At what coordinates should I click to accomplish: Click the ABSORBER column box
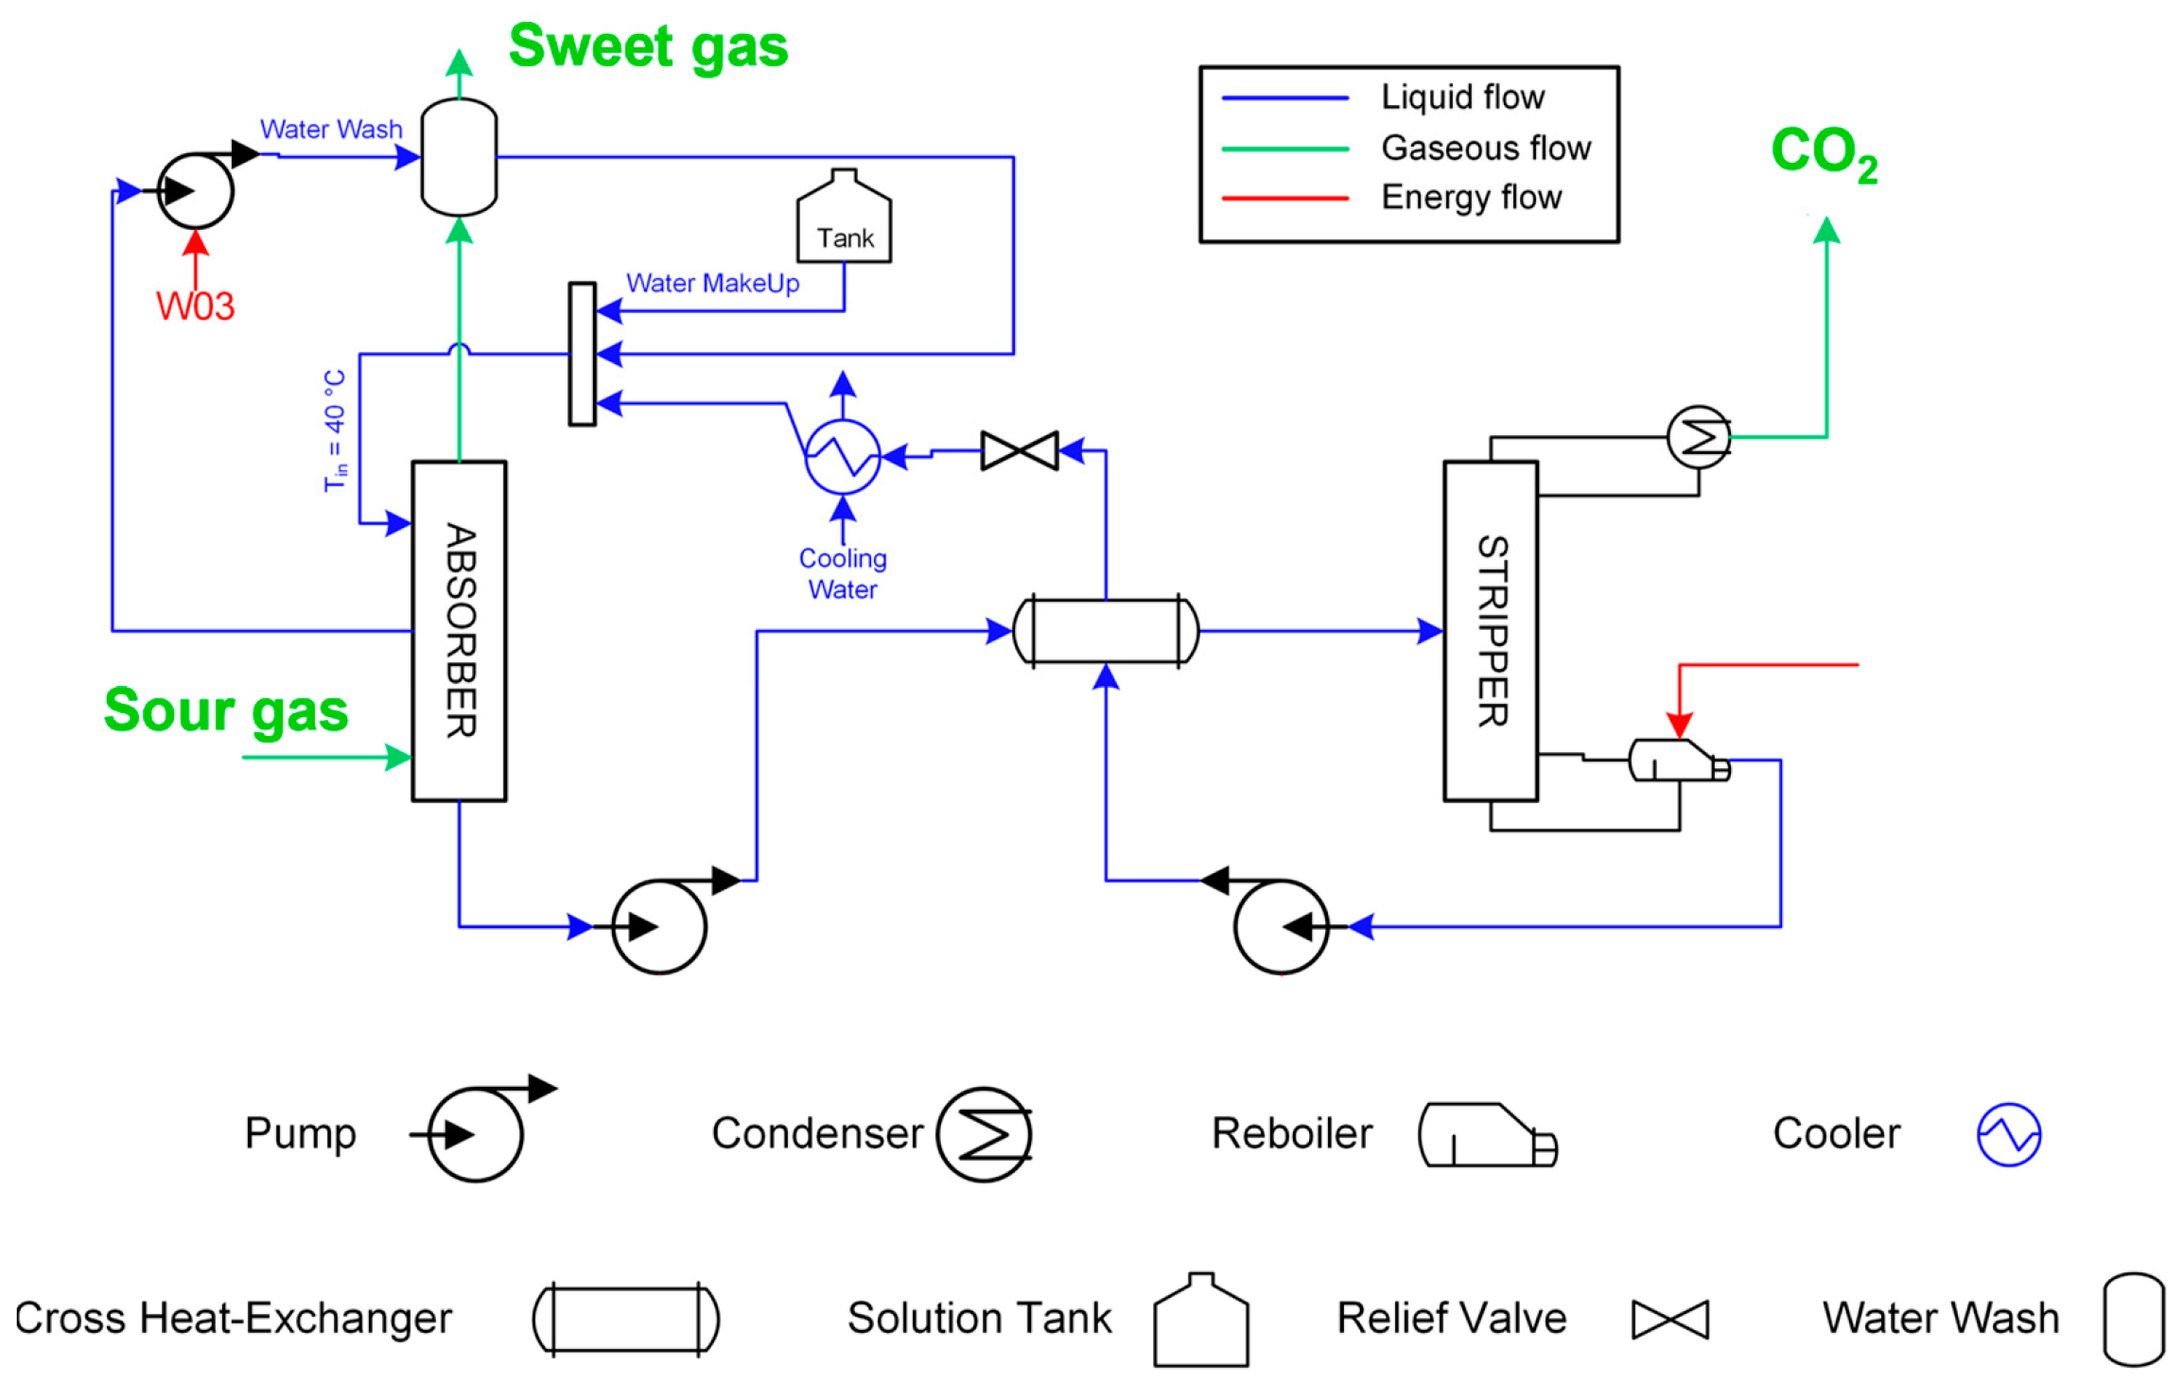[459, 631]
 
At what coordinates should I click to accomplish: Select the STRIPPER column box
[1491, 631]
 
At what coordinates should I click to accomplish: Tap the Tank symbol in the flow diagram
[844, 216]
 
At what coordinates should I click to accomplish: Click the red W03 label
[195, 306]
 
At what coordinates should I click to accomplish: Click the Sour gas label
[226, 710]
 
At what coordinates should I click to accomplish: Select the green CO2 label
[1825, 153]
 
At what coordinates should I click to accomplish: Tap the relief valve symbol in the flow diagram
[1020, 450]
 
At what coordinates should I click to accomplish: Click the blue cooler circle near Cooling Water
[842, 457]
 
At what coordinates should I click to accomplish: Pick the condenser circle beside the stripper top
[1699, 437]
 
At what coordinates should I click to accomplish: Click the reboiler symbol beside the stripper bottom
[1679, 760]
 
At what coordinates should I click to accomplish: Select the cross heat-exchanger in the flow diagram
[1106, 631]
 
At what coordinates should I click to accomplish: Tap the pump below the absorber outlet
[660, 925]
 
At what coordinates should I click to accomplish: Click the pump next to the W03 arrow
[195, 190]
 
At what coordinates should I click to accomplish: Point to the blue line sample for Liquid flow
[1284, 97]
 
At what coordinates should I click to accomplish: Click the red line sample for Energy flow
[1284, 199]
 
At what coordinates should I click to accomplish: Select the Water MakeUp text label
[713, 283]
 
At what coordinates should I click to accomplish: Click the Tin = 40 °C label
[335, 430]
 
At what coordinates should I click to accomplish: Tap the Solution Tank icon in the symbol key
[1200, 1320]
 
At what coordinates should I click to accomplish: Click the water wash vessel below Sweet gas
[459, 157]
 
